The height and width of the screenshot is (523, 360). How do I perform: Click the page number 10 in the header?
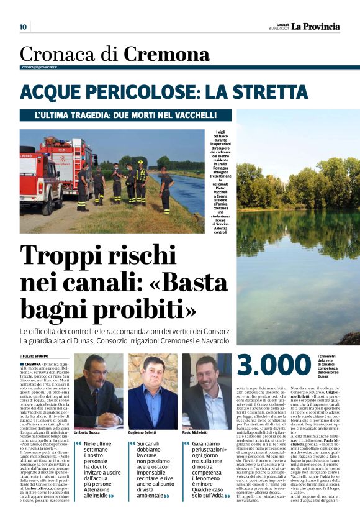(24, 27)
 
